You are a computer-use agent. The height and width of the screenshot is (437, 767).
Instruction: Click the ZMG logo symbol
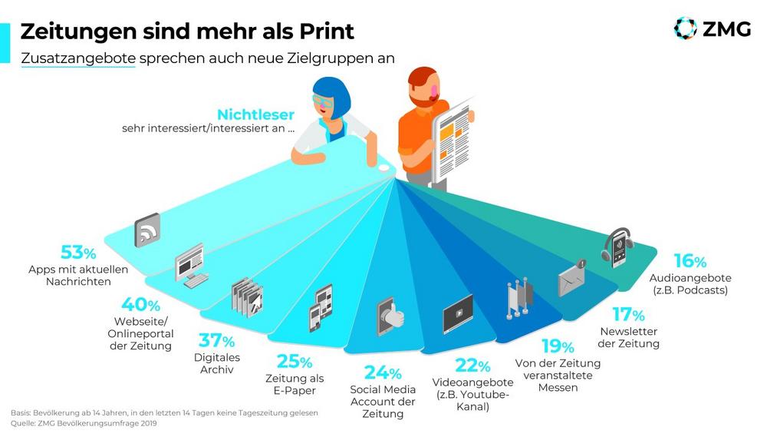coord(684,28)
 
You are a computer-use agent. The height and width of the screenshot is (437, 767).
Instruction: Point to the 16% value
coord(690,260)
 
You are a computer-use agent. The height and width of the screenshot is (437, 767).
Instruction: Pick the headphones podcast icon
coord(617,247)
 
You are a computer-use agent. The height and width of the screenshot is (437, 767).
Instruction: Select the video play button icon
coord(458,313)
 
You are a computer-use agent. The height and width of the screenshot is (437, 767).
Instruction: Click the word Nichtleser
coord(255,114)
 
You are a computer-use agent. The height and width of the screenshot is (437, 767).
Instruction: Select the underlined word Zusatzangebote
coord(77,58)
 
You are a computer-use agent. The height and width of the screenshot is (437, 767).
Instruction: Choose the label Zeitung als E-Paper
coord(295,384)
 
